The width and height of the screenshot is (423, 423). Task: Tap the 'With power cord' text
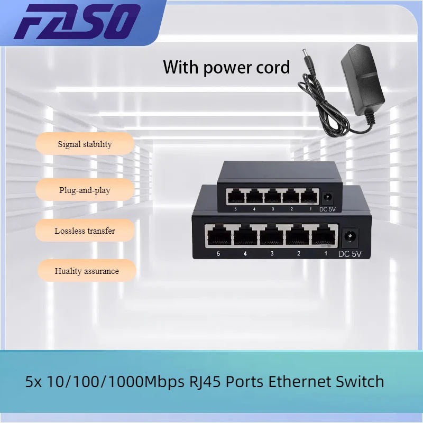pyautogui.click(x=226, y=67)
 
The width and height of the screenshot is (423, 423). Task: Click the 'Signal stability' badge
pyautogui.click(x=85, y=144)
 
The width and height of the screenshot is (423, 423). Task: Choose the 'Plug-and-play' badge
pyautogui.click(x=85, y=190)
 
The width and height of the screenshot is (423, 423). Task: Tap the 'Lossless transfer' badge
pyautogui.click(x=85, y=231)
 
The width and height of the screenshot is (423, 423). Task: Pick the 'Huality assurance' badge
pyautogui.click(x=87, y=271)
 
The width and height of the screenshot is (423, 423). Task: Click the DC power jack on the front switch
pyautogui.click(x=350, y=236)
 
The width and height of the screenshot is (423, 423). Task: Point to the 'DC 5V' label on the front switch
pyautogui.click(x=350, y=254)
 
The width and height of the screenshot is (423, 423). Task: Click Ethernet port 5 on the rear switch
pyautogui.click(x=235, y=197)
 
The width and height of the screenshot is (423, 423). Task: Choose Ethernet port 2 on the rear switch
pyautogui.click(x=290, y=197)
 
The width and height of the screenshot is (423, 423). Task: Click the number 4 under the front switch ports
pyautogui.click(x=245, y=254)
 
